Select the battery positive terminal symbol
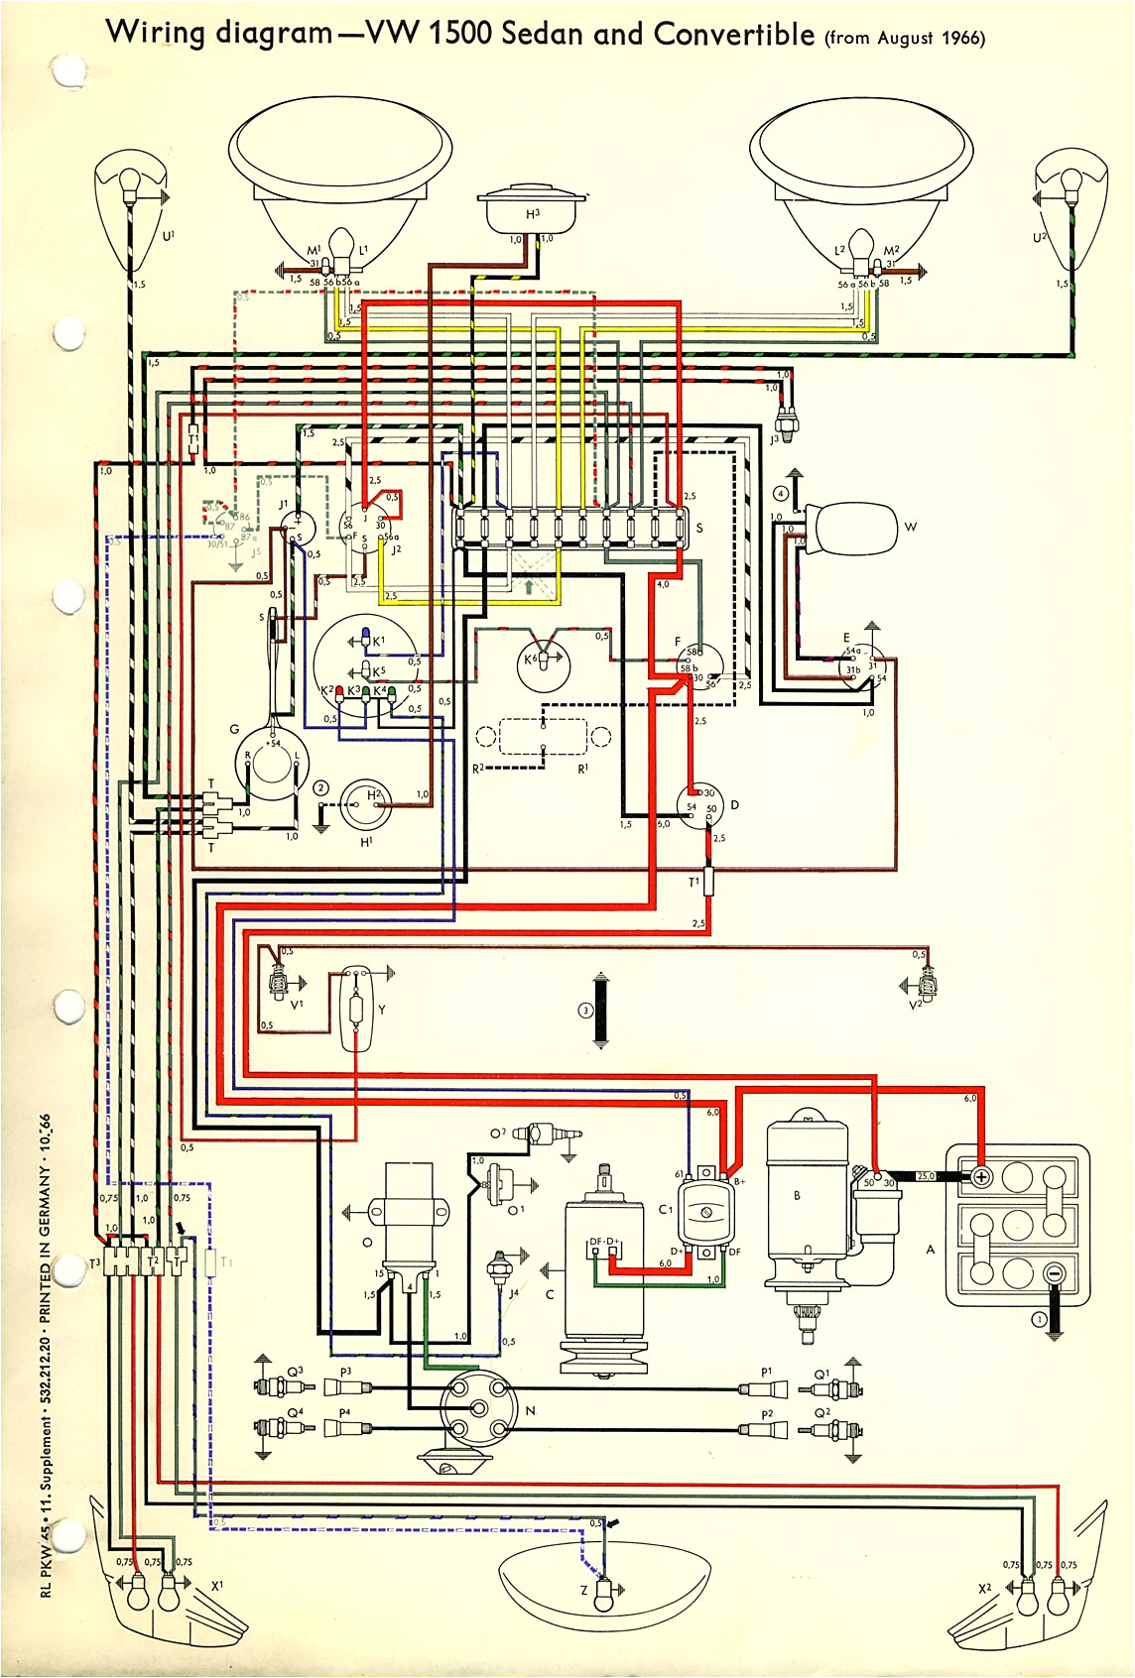click(x=981, y=1177)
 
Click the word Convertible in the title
click(x=734, y=36)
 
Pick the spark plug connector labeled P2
click(x=766, y=1429)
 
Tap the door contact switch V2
click(x=928, y=984)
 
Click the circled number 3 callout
click(x=585, y=1011)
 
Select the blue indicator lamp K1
click(x=365, y=636)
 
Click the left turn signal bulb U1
click(x=129, y=183)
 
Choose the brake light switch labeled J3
click(x=791, y=420)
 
